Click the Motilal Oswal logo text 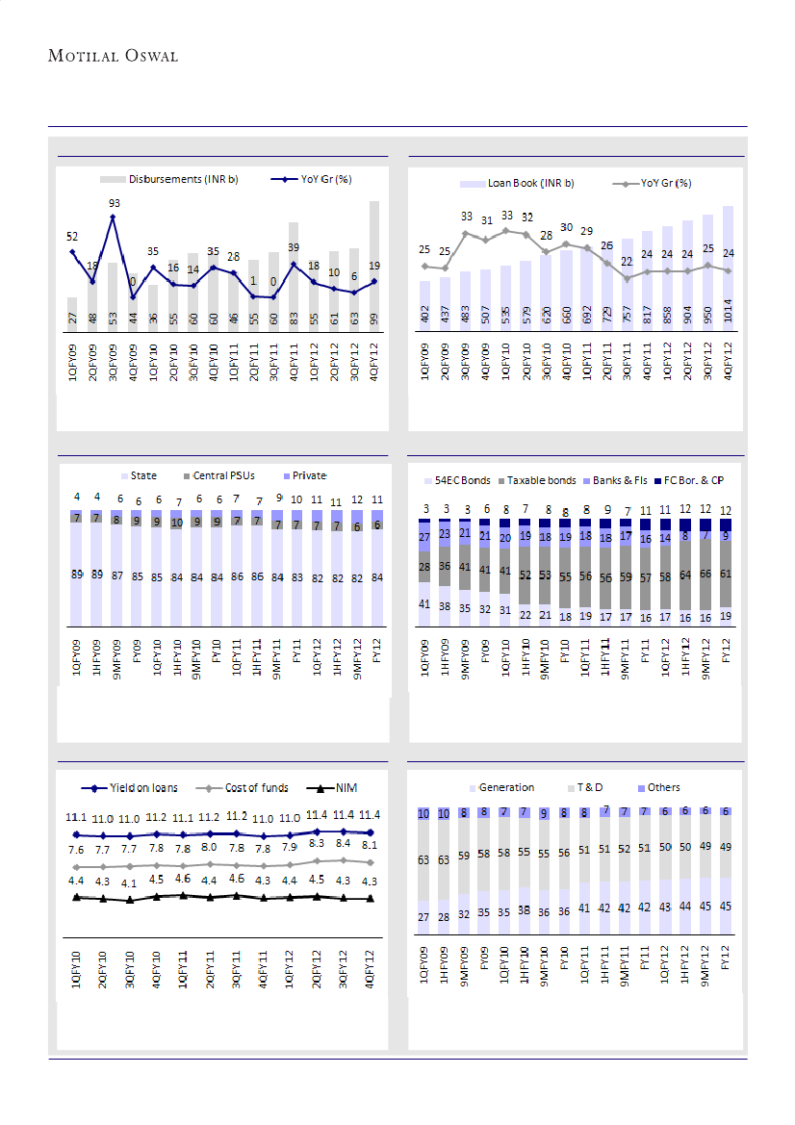(114, 56)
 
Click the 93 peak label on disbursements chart (114, 203)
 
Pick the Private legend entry (305, 475)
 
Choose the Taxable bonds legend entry (541, 479)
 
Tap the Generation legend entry (505, 787)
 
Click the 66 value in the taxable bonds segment (705, 574)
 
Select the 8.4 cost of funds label (344, 844)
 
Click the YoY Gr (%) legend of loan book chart (665, 183)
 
